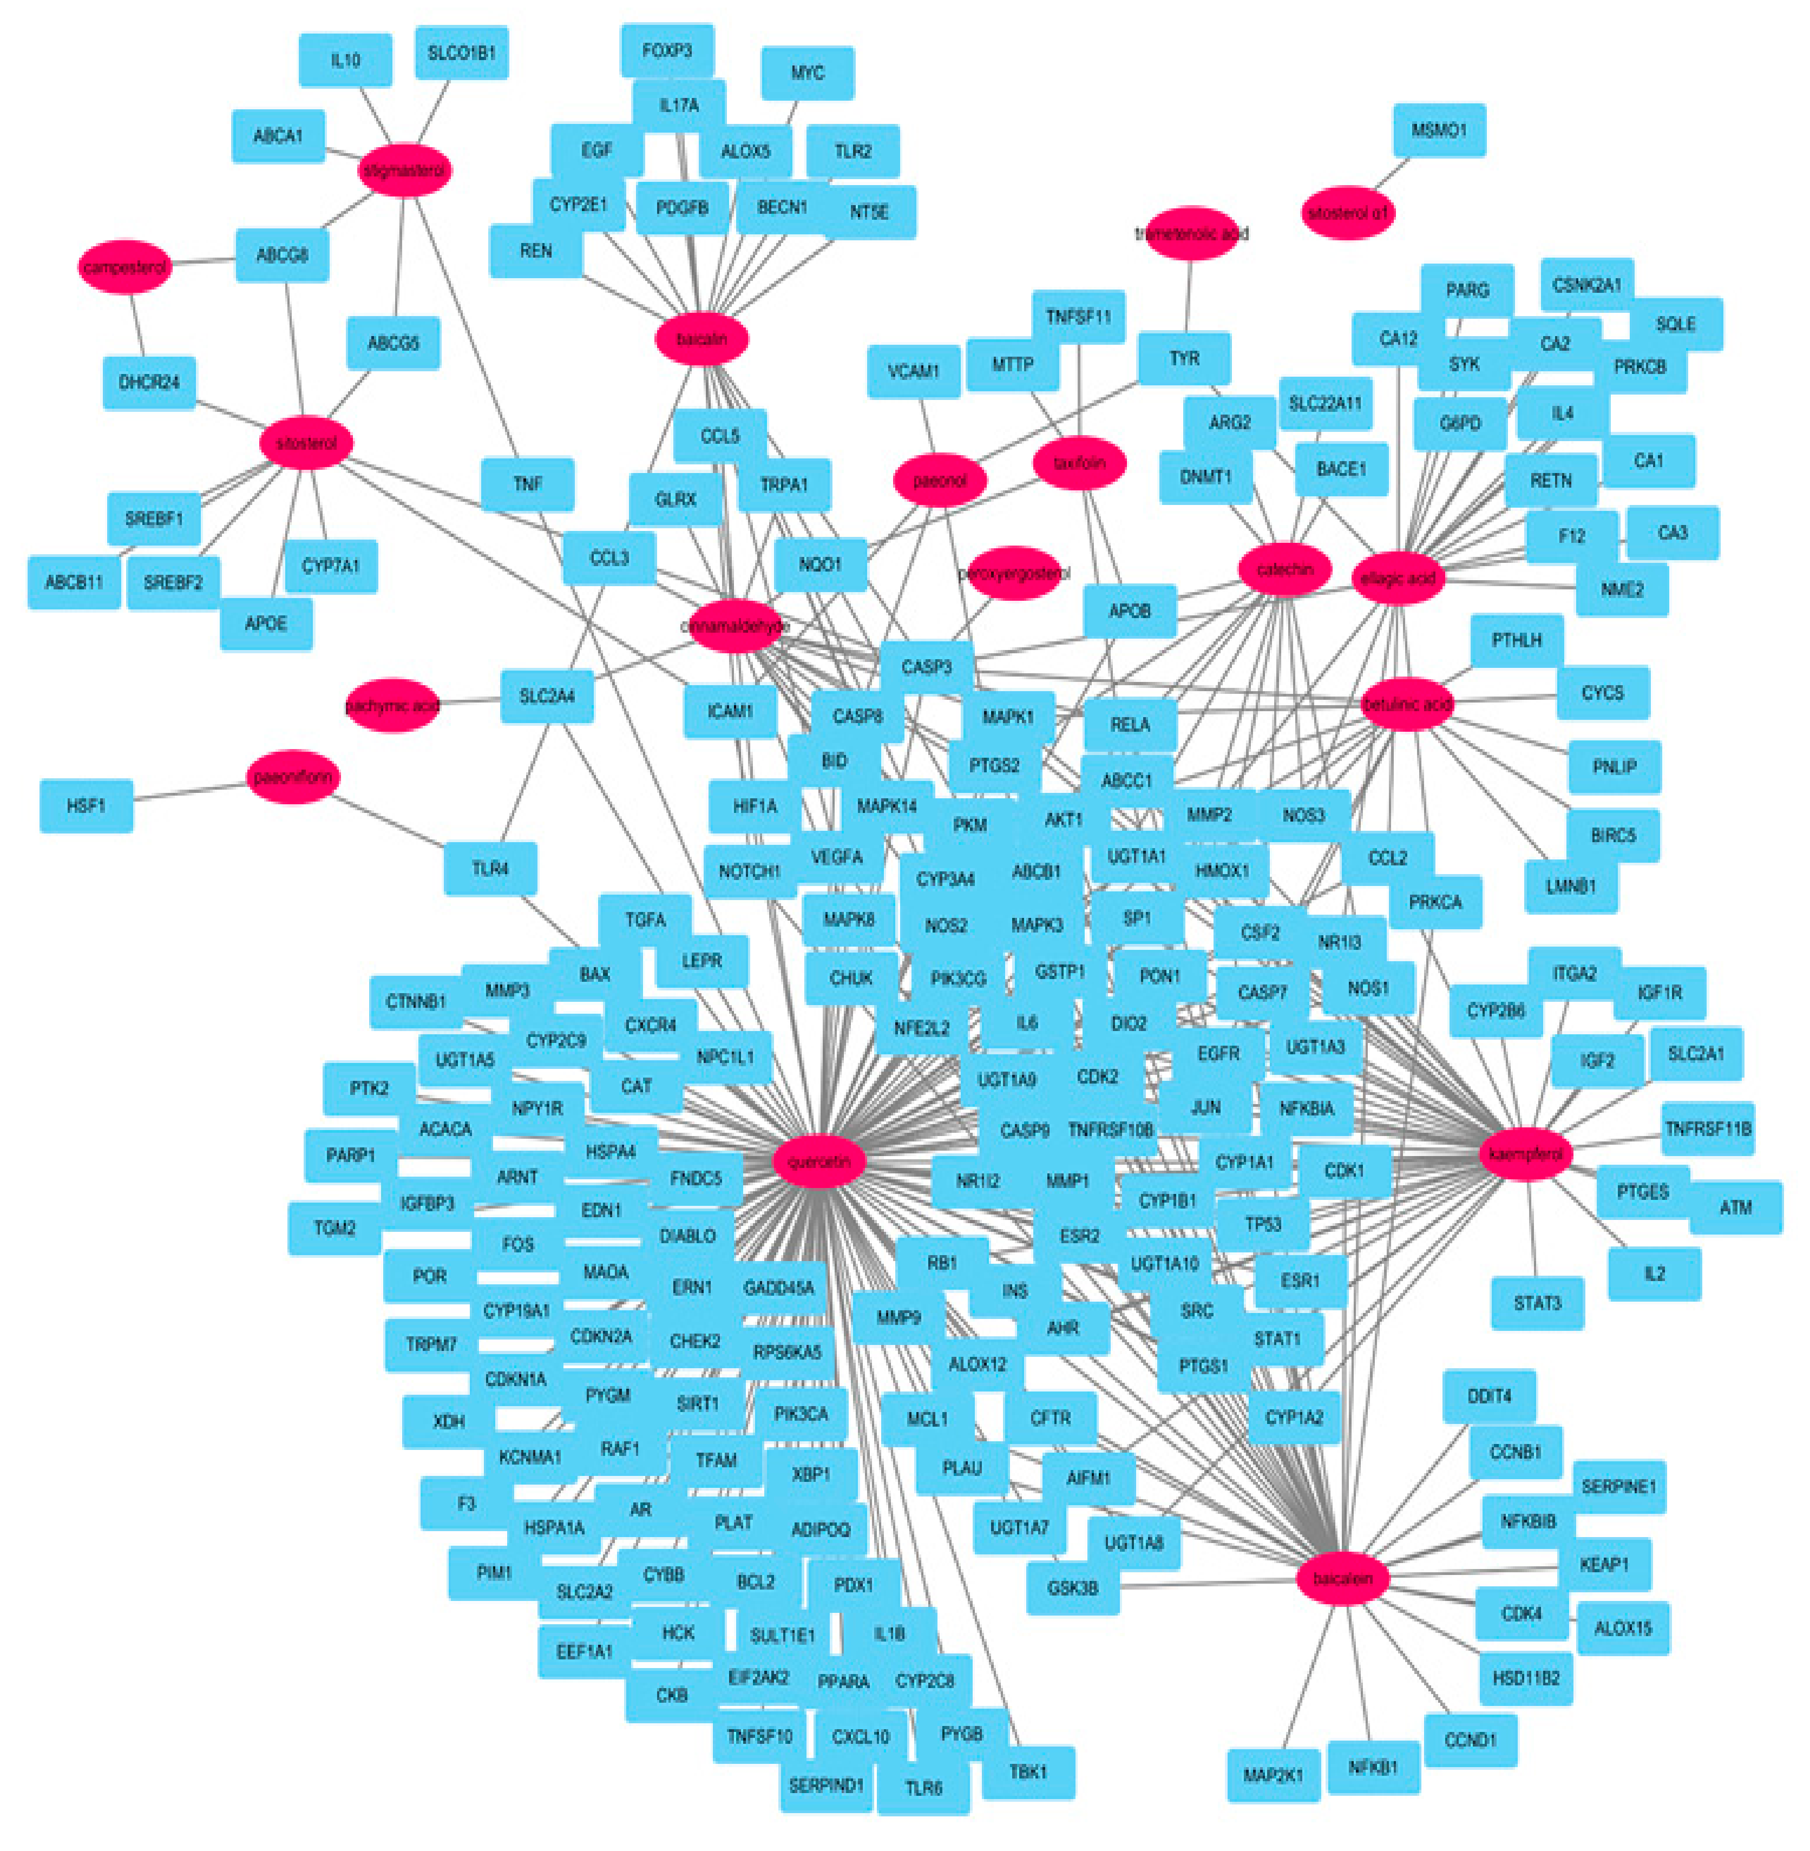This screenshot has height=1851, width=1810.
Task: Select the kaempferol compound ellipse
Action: tap(1526, 1153)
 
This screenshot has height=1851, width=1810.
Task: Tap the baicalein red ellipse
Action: tap(1342, 1578)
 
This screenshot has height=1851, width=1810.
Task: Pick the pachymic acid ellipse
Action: tap(392, 705)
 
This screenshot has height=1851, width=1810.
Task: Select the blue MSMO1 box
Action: tap(1438, 130)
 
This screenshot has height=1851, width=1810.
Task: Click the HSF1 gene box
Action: tap(86, 805)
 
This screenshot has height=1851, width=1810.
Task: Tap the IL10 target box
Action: tap(345, 61)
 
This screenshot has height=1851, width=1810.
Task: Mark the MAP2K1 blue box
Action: tap(1273, 1775)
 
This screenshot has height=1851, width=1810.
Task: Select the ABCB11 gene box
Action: tap(74, 582)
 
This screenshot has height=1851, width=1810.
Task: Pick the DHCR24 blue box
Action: tap(149, 382)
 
